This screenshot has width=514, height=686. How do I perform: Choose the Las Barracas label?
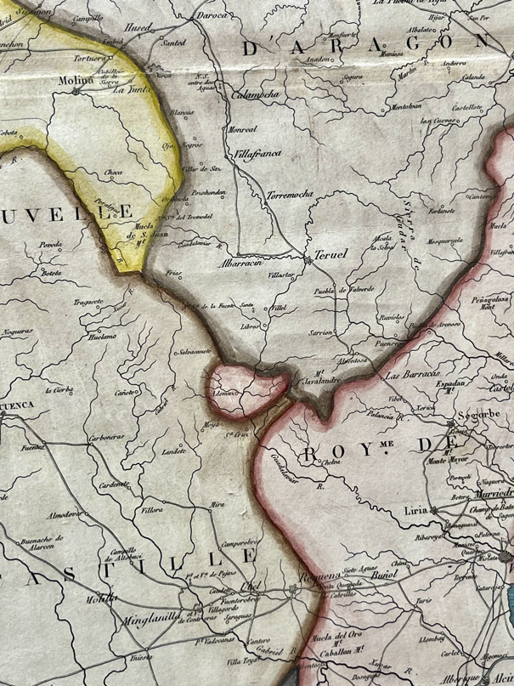(411, 375)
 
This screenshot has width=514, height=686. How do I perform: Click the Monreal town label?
(243, 129)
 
